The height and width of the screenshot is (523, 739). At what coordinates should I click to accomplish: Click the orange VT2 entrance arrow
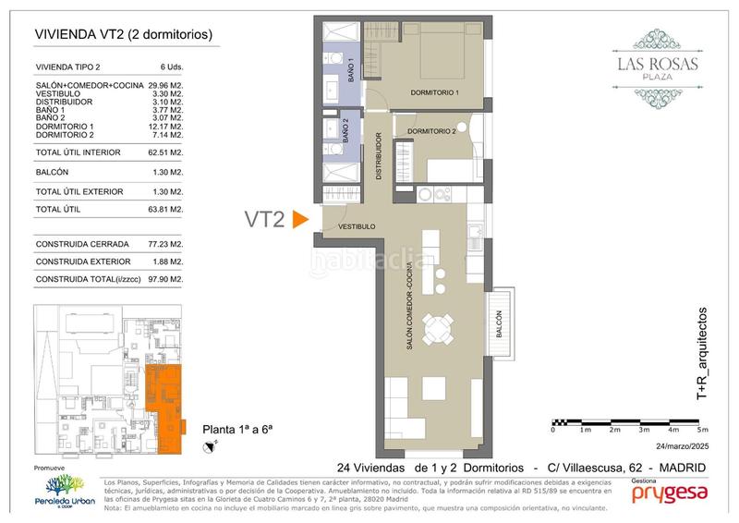click(299, 220)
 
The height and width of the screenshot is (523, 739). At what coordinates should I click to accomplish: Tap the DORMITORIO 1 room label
click(433, 93)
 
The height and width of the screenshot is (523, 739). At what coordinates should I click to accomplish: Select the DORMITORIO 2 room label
click(431, 131)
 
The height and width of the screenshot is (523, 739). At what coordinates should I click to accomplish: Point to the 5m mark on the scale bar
click(703, 430)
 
